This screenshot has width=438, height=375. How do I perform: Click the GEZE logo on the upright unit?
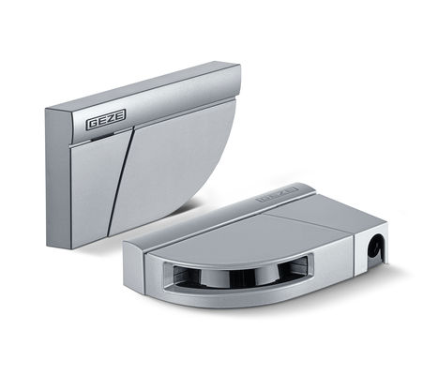click(x=106, y=119)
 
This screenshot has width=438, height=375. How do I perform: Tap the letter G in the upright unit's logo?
click(x=93, y=123)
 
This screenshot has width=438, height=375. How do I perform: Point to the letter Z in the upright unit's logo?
click(x=112, y=118)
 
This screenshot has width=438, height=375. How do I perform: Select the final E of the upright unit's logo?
click(x=120, y=115)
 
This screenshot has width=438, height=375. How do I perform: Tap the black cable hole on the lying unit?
click(x=375, y=248)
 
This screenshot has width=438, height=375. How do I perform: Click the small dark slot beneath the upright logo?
click(x=98, y=138)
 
